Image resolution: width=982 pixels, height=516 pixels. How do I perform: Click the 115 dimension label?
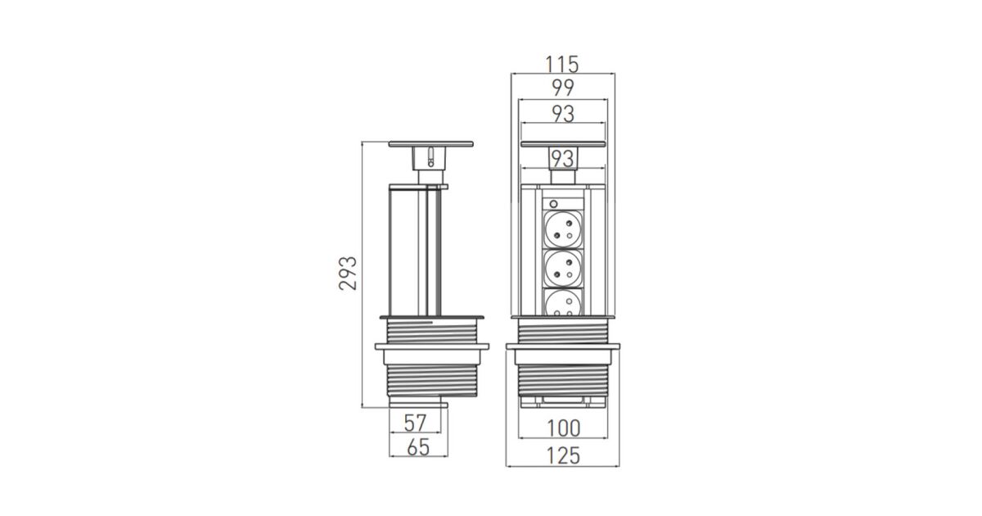[x=562, y=64]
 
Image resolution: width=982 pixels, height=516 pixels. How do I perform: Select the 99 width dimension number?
[x=563, y=88]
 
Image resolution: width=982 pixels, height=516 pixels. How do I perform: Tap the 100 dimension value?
[x=564, y=428]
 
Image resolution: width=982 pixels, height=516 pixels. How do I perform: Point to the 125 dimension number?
[x=563, y=455]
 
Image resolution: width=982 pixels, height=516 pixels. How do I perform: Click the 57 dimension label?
[x=415, y=423]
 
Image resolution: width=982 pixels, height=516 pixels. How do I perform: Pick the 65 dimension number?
[x=418, y=447]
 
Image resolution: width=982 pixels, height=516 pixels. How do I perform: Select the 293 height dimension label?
[x=348, y=273]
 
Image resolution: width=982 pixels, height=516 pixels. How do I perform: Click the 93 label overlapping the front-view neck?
[x=562, y=159]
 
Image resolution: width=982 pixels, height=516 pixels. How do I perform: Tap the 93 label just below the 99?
[x=563, y=114]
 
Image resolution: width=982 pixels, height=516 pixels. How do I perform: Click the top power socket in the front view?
[x=563, y=229]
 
